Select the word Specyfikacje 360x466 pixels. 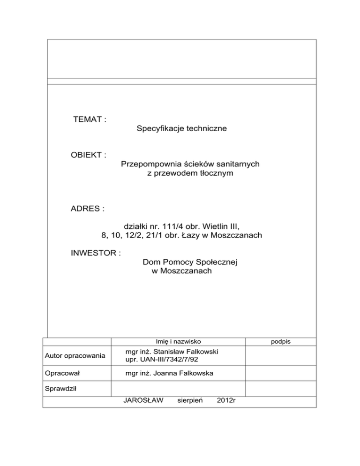coord(158,128)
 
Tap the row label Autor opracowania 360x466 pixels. coord(75,356)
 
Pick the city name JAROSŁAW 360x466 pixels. coord(142,401)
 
